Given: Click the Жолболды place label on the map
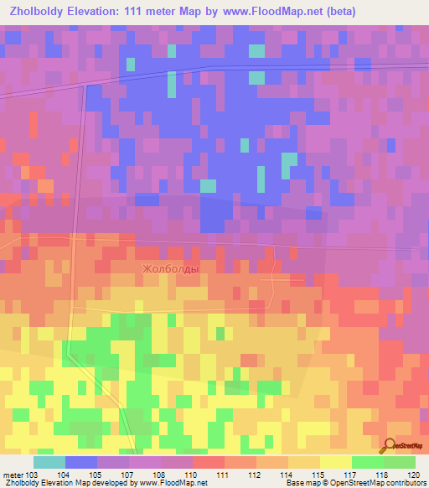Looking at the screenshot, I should coord(171,268).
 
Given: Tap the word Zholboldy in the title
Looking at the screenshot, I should coord(40,12).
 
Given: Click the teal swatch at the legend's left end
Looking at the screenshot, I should coord(49,462).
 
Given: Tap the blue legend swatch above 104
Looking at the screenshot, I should coord(81,462).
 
